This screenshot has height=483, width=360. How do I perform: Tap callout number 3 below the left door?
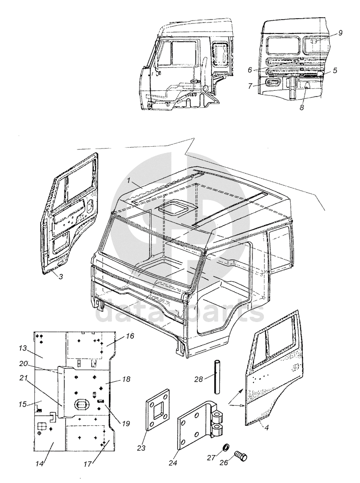pyautogui.click(x=61, y=276)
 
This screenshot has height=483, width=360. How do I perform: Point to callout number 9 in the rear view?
pyautogui.click(x=340, y=32)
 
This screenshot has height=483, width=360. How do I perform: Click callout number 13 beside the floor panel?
pyautogui.click(x=22, y=349)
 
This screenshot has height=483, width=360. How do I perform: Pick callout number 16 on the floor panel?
pyautogui.click(x=130, y=336)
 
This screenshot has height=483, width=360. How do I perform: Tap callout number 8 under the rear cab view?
pyautogui.click(x=302, y=107)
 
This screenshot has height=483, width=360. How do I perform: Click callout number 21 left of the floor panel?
pyautogui.click(x=22, y=377)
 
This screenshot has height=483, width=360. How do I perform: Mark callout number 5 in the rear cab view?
pyautogui.click(x=335, y=70)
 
